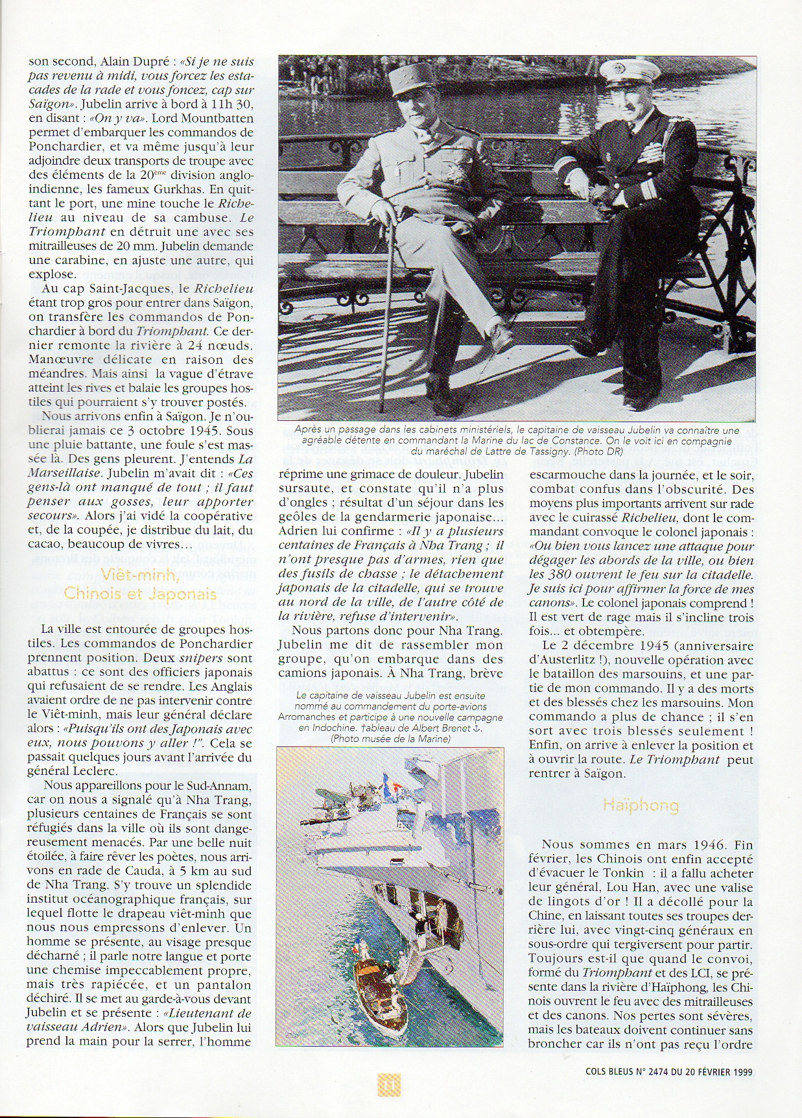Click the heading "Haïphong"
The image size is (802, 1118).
641,806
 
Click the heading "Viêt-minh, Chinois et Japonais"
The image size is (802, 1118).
140,583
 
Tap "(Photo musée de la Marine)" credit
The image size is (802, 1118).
390,739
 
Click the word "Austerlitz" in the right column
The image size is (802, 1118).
576,660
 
